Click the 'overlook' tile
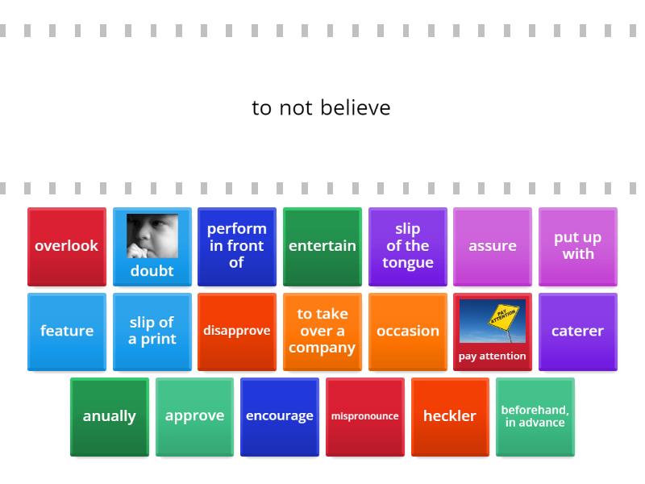click(67, 246)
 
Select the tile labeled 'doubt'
click(152, 270)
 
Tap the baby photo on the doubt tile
click(152, 236)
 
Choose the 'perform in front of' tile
click(237, 246)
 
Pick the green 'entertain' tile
click(322, 246)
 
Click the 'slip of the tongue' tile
click(408, 246)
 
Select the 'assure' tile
click(493, 246)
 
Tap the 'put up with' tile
click(578, 246)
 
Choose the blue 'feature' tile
click(67, 332)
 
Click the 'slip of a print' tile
click(152, 332)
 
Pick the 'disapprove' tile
click(237, 332)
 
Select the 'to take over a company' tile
click(322, 332)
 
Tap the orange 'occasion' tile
click(408, 332)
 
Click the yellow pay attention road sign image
click(493, 321)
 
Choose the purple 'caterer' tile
click(578, 332)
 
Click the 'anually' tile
click(110, 416)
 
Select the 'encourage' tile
click(280, 416)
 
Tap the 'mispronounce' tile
click(365, 416)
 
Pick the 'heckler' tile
click(450, 416)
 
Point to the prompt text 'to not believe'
click(321, 108)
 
